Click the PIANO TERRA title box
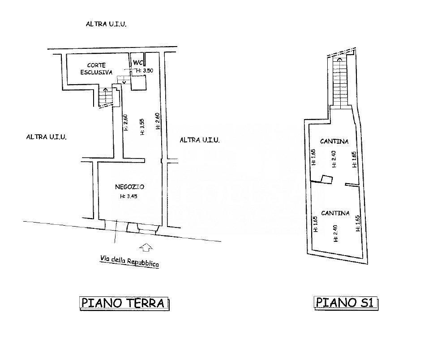point(124,303)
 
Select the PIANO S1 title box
point(346,303)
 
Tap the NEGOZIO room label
point(129,187)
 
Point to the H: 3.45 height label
point(129,196)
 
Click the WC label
point(138,63)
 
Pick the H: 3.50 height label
point(144,70)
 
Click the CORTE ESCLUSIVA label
point(96,69)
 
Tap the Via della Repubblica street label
point(129,261)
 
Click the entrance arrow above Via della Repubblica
point(146,247)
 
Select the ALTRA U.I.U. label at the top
point(106,24)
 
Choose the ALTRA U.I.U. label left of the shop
point(46,137)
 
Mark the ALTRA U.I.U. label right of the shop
point(200,140)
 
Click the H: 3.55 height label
point(142,127)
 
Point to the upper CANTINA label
point(334,141)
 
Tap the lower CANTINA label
point(335,213)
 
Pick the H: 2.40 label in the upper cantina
point(334,159)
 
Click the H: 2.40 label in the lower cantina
point(335,233)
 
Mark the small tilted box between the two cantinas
point(327,179)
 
